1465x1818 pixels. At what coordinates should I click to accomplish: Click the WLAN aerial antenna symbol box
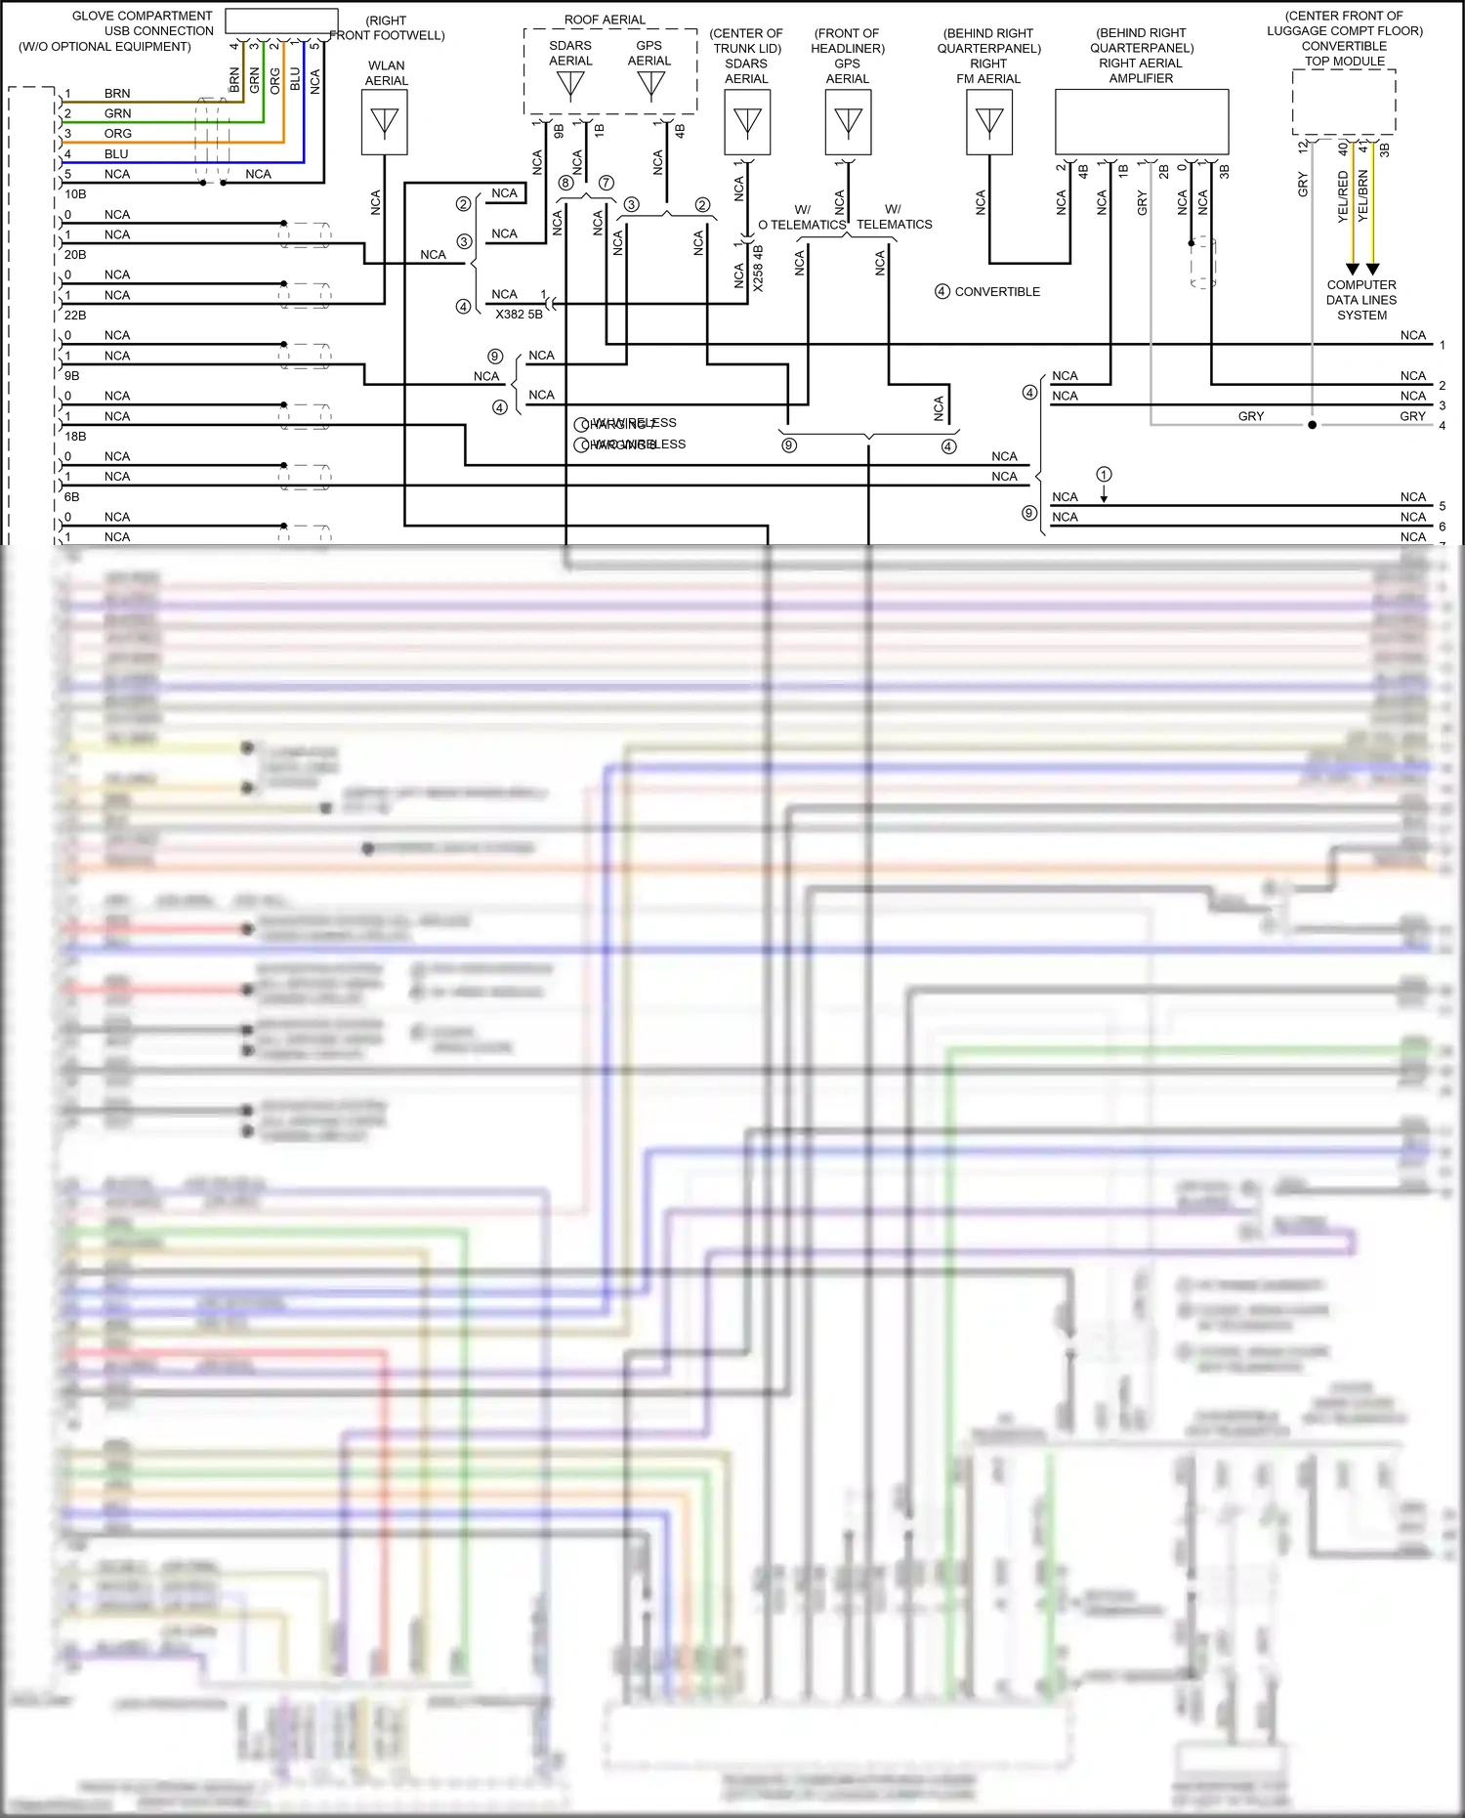(x=385, y=122)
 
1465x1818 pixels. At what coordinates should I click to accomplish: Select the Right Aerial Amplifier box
(x=1141, y=122)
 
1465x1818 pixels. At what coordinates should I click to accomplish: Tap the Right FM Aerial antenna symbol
(x=989, y=122)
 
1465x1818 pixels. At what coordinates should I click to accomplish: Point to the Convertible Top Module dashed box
(x=1343, y=102)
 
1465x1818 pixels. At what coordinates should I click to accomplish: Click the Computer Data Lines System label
(x=1361, y=300)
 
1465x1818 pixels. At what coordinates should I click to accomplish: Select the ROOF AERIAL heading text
(x=605, y=20)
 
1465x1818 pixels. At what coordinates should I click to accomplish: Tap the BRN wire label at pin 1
(x=117, y=94)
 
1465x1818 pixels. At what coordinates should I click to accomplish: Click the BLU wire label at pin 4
(x=116, y=154)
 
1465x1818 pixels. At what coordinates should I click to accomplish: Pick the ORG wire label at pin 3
(x=117, y=134)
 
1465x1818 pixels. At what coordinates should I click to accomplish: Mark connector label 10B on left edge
(x=75, y=194)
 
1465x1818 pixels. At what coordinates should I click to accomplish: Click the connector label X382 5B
(x=519, y=315)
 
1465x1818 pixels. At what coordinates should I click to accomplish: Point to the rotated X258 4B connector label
(x=758, y=268)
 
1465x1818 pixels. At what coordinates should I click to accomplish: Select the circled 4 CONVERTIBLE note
(x=987, y=292)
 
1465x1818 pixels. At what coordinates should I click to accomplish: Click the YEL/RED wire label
(x=1343, y=195)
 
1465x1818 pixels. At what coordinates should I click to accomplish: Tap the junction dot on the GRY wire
(x=1312, y=425)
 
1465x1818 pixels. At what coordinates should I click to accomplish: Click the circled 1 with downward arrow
(x=1104, y=475)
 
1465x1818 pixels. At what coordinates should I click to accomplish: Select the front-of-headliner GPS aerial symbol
(x=848, y=122)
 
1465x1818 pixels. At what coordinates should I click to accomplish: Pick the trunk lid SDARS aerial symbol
(x=747, y=122)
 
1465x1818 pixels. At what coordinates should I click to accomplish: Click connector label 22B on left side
(x=75, y=316)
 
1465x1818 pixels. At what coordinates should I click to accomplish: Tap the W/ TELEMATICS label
(x=894, y=217)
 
